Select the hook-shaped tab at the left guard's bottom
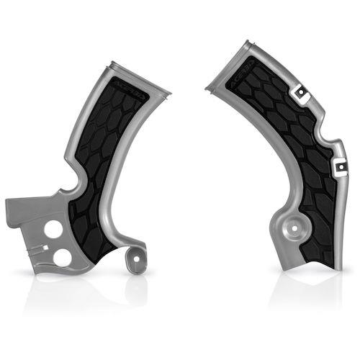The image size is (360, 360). (x=132, y=259)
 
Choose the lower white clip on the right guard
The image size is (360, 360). (x=336, y=168)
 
